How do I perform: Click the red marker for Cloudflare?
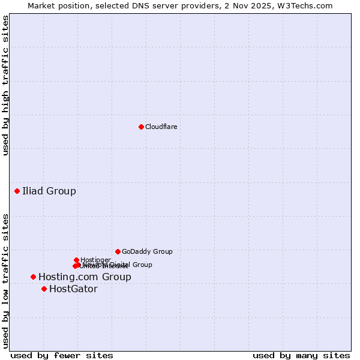click(141, 127)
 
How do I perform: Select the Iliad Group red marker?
click(17, 191)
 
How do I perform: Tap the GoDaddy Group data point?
click(118, 251)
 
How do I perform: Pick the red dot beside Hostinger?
click(76, 260)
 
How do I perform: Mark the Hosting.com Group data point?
click(33, 277)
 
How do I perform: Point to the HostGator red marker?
click(44, 289)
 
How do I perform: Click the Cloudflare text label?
click(161, 127)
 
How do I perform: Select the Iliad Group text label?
click(49, 191)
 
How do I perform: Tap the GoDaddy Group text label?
click(147, 251)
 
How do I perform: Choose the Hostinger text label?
click(95, 260)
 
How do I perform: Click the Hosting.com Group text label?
click(85, 277)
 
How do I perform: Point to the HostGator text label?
click(73, 289)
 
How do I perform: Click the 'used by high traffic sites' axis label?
click(5, 85)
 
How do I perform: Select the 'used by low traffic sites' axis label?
click(5, 280)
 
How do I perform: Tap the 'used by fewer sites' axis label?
click(62, 355)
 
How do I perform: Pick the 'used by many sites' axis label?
click(301, 355)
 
